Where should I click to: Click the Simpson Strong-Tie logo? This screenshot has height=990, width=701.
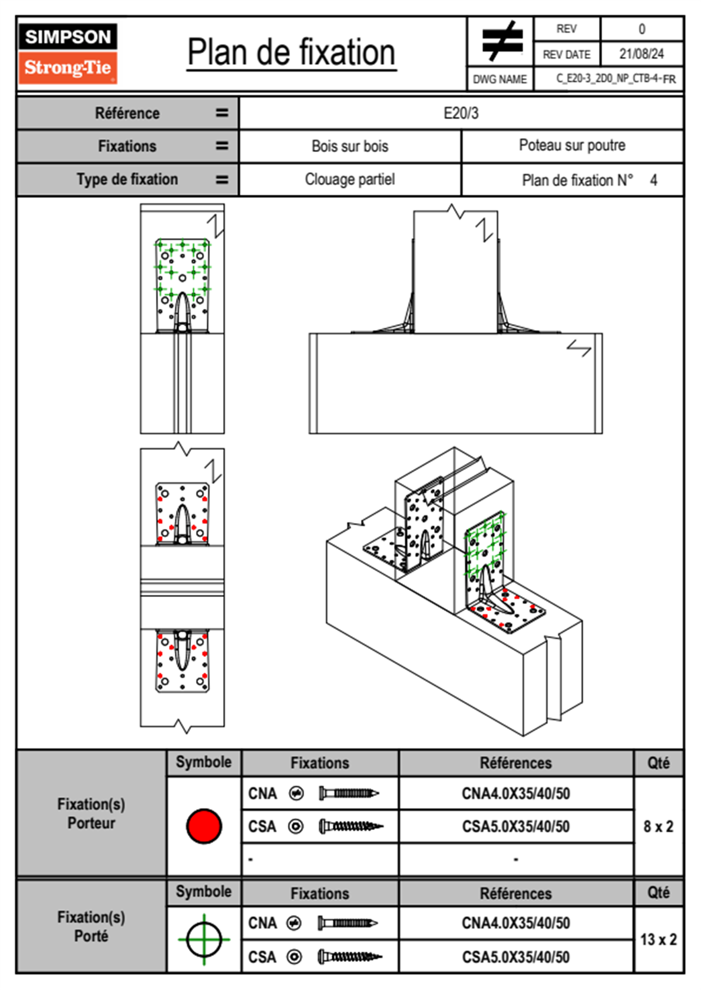tap(67, 54)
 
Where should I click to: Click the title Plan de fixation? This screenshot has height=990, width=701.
tap(291, 53)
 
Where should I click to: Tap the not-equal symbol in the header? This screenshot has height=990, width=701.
tap(501, 41)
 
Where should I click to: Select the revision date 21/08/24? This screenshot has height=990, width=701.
tap(641, 54)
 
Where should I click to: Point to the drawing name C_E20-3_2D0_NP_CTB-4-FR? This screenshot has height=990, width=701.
tap(616, 79)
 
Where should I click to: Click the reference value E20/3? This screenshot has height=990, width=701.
tap(461, 113)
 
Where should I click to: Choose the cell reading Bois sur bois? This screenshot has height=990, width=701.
tap(350, 146)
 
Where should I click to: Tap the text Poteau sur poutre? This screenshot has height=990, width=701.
tap(572, 145)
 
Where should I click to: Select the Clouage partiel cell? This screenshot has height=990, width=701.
tap(350, 180)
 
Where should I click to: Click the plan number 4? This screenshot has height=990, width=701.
tap(653, 180)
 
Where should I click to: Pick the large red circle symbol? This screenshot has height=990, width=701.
tap(204, 826)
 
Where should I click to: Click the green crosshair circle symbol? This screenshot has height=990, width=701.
tap(204, 939)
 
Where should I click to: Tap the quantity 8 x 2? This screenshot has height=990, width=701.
tap(658, 826)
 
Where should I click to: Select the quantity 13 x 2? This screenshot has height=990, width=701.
tap(658, 939)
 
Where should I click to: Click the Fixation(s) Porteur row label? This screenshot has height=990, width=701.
tap(91, 813)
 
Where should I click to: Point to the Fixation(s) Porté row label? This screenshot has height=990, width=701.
tap(91, 926)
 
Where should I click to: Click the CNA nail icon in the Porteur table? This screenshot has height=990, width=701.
tap(349, 793)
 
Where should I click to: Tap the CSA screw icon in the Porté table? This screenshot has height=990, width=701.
tap(350, 957)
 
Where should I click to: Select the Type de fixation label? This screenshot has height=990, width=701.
tap(127, 180)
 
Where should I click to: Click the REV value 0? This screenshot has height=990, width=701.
tap(642, 29)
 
